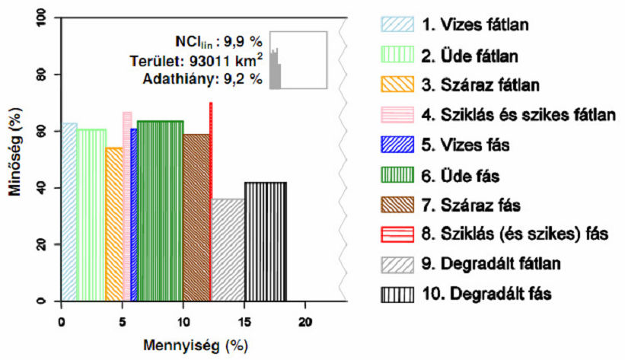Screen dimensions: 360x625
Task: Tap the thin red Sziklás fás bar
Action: click(x=211, y=202)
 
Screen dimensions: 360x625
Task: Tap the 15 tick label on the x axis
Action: click(x=244, y=320)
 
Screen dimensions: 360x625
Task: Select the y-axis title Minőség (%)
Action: click(x=14, y=160)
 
